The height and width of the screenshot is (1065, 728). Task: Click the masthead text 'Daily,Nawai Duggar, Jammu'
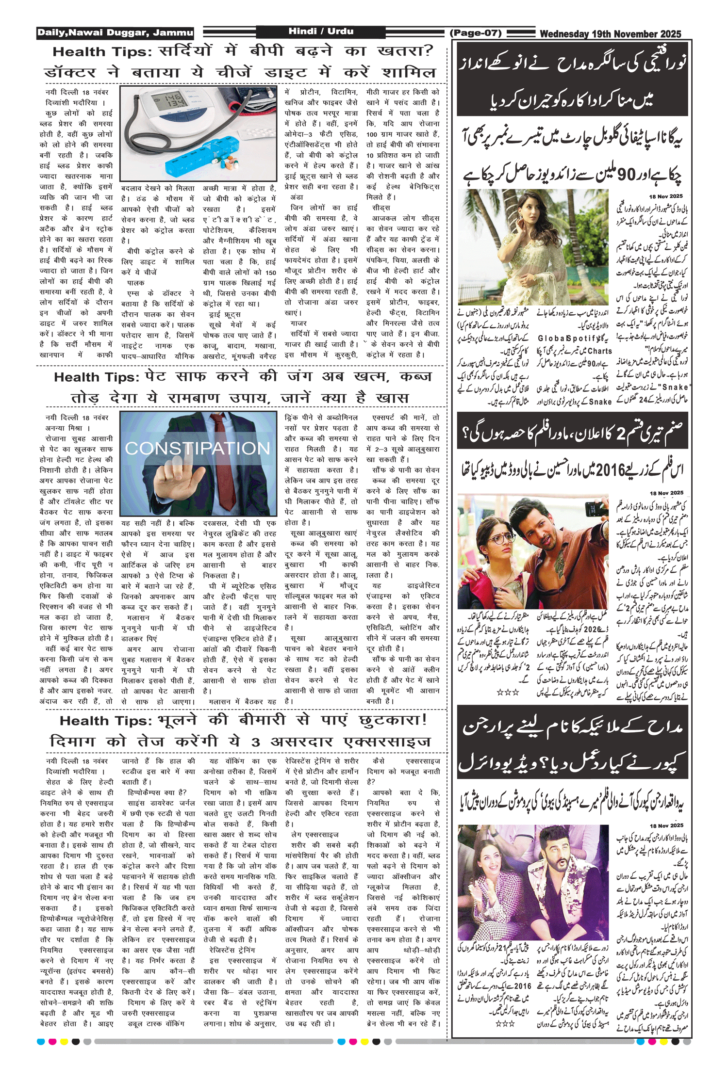tap(115, 33)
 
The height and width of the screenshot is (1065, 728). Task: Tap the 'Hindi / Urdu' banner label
tap(321, 32)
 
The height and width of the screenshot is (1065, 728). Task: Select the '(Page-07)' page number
tap(475, 33)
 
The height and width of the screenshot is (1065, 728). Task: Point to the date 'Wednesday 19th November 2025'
tap(610, 34)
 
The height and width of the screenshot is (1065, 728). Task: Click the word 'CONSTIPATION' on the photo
tap(198, 448)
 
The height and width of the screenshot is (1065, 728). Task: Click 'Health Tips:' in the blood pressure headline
tap(102, 52)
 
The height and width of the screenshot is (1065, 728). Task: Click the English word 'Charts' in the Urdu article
tap(600, 351)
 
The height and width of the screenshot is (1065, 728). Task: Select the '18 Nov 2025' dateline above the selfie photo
tap(666, 493)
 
